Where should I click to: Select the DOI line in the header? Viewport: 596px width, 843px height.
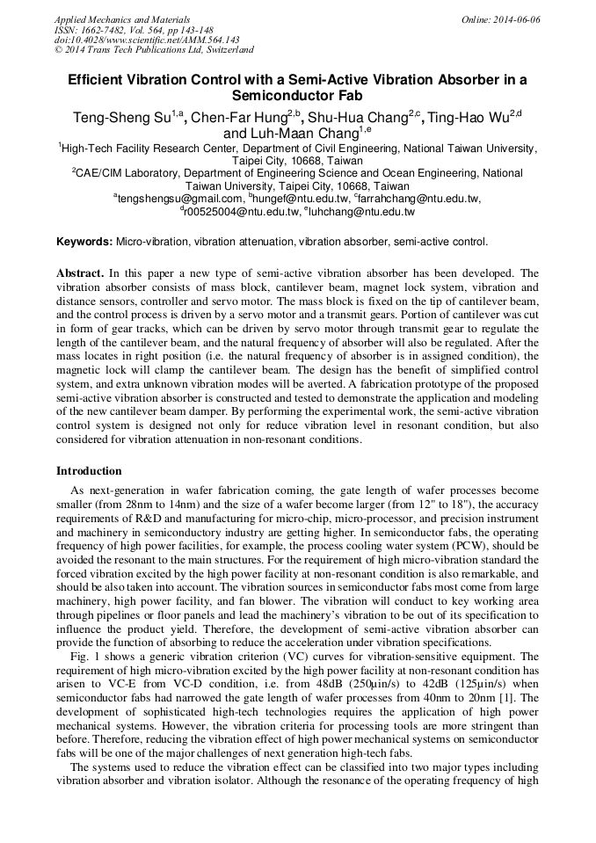148,40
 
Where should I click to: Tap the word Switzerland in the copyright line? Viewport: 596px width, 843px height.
227,50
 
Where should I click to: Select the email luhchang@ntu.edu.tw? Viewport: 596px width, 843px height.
361,212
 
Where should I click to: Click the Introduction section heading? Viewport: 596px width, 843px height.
89,471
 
